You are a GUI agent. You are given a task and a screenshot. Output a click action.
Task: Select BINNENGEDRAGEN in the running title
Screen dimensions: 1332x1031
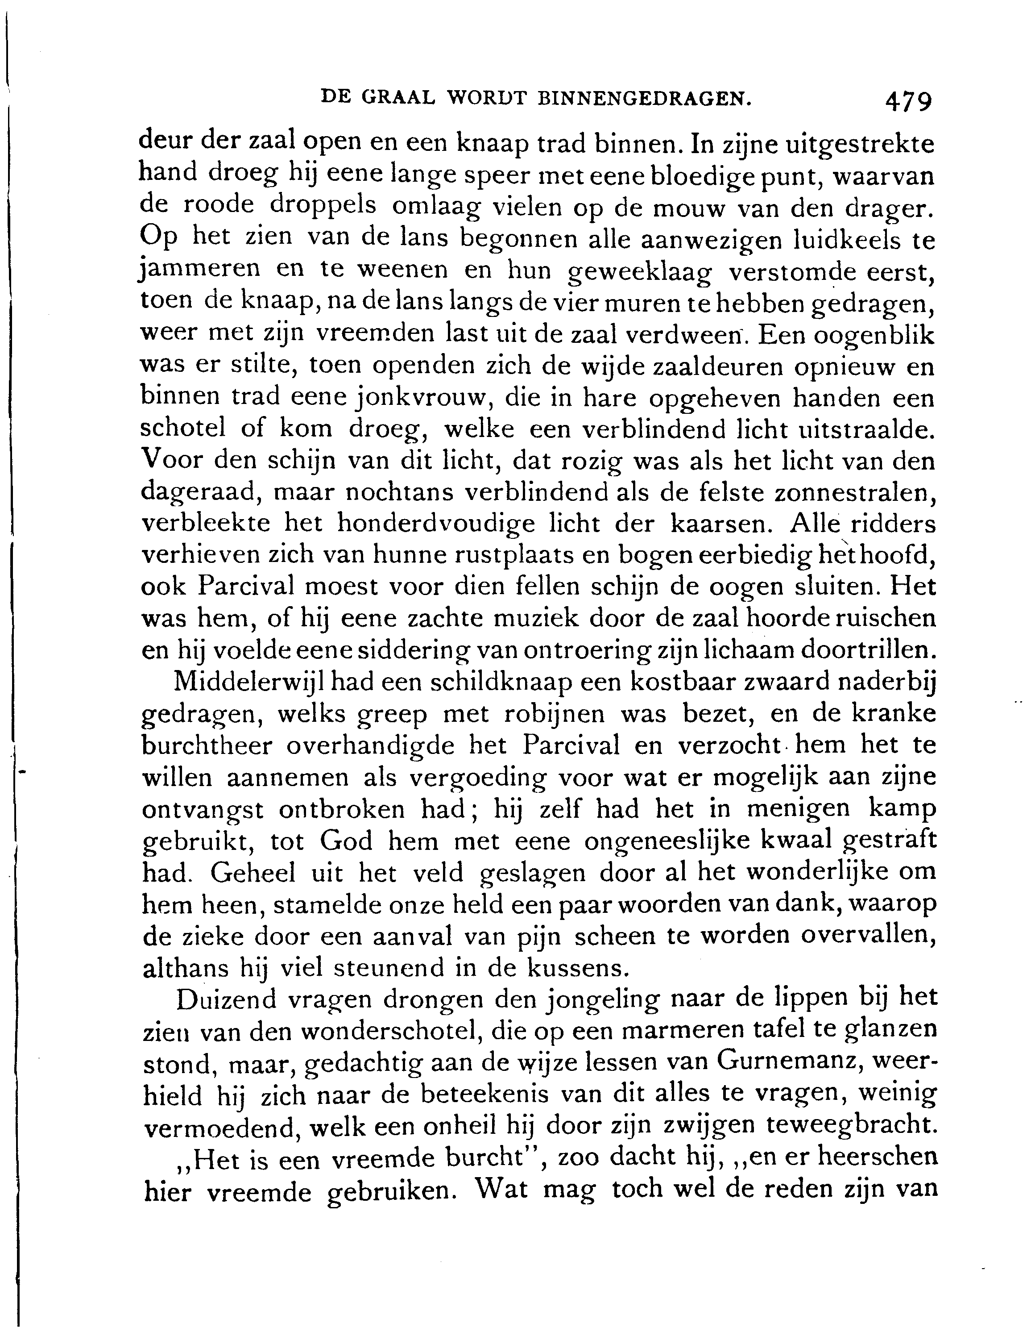(x=642, y=98)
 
